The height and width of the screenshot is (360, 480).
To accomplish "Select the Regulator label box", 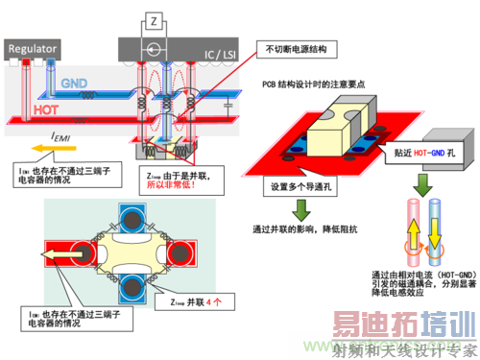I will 34,48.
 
